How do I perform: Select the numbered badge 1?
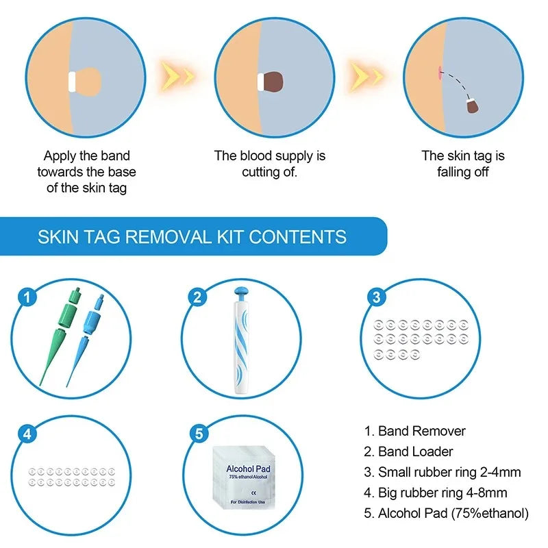[27, 297]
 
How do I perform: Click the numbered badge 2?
[197, 297]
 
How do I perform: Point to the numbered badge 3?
[375, 297]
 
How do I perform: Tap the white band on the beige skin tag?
[72, 82]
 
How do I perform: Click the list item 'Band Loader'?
[408, 451]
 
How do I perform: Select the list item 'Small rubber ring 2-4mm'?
[443, 472]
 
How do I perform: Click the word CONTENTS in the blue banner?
[297, 238]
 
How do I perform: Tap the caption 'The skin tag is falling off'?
[462, 164]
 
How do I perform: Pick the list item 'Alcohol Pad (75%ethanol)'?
[446, 513]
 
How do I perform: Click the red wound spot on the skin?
[437, 71]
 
